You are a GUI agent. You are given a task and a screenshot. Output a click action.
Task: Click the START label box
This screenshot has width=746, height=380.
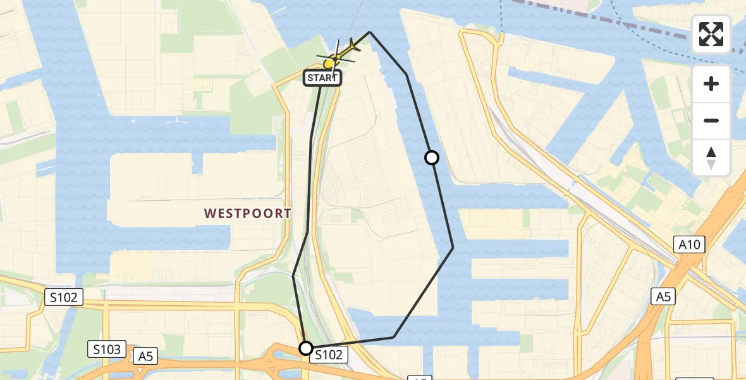pos(323,78)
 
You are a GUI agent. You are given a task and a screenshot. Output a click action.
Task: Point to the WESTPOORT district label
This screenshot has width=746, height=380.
pos(248,213)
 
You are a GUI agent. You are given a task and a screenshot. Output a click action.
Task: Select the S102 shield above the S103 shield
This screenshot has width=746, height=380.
pos(64,297)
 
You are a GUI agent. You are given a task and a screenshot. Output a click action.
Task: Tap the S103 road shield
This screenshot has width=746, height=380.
pos(107,349)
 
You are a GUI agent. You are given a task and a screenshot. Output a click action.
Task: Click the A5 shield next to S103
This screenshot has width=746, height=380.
pos(145,357)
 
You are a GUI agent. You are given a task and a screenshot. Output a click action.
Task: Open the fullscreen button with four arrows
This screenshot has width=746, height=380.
pos(711,34)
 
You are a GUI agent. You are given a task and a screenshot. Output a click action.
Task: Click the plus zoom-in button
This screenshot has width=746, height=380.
pos(711,84)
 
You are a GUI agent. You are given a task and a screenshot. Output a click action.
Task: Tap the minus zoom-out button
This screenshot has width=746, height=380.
pos(711,120)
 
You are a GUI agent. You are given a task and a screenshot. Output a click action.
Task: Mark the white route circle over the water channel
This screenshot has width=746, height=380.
pos(432,158)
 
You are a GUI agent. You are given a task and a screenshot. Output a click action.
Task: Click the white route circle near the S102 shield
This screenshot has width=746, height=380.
pos(305,348)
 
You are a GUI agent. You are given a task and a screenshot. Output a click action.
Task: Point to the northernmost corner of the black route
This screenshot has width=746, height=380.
pos(370,32)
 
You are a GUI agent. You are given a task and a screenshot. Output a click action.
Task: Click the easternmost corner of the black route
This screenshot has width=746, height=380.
pos(453,248)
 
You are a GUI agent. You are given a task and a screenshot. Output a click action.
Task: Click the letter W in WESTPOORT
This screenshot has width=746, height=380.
pos(209,213)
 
